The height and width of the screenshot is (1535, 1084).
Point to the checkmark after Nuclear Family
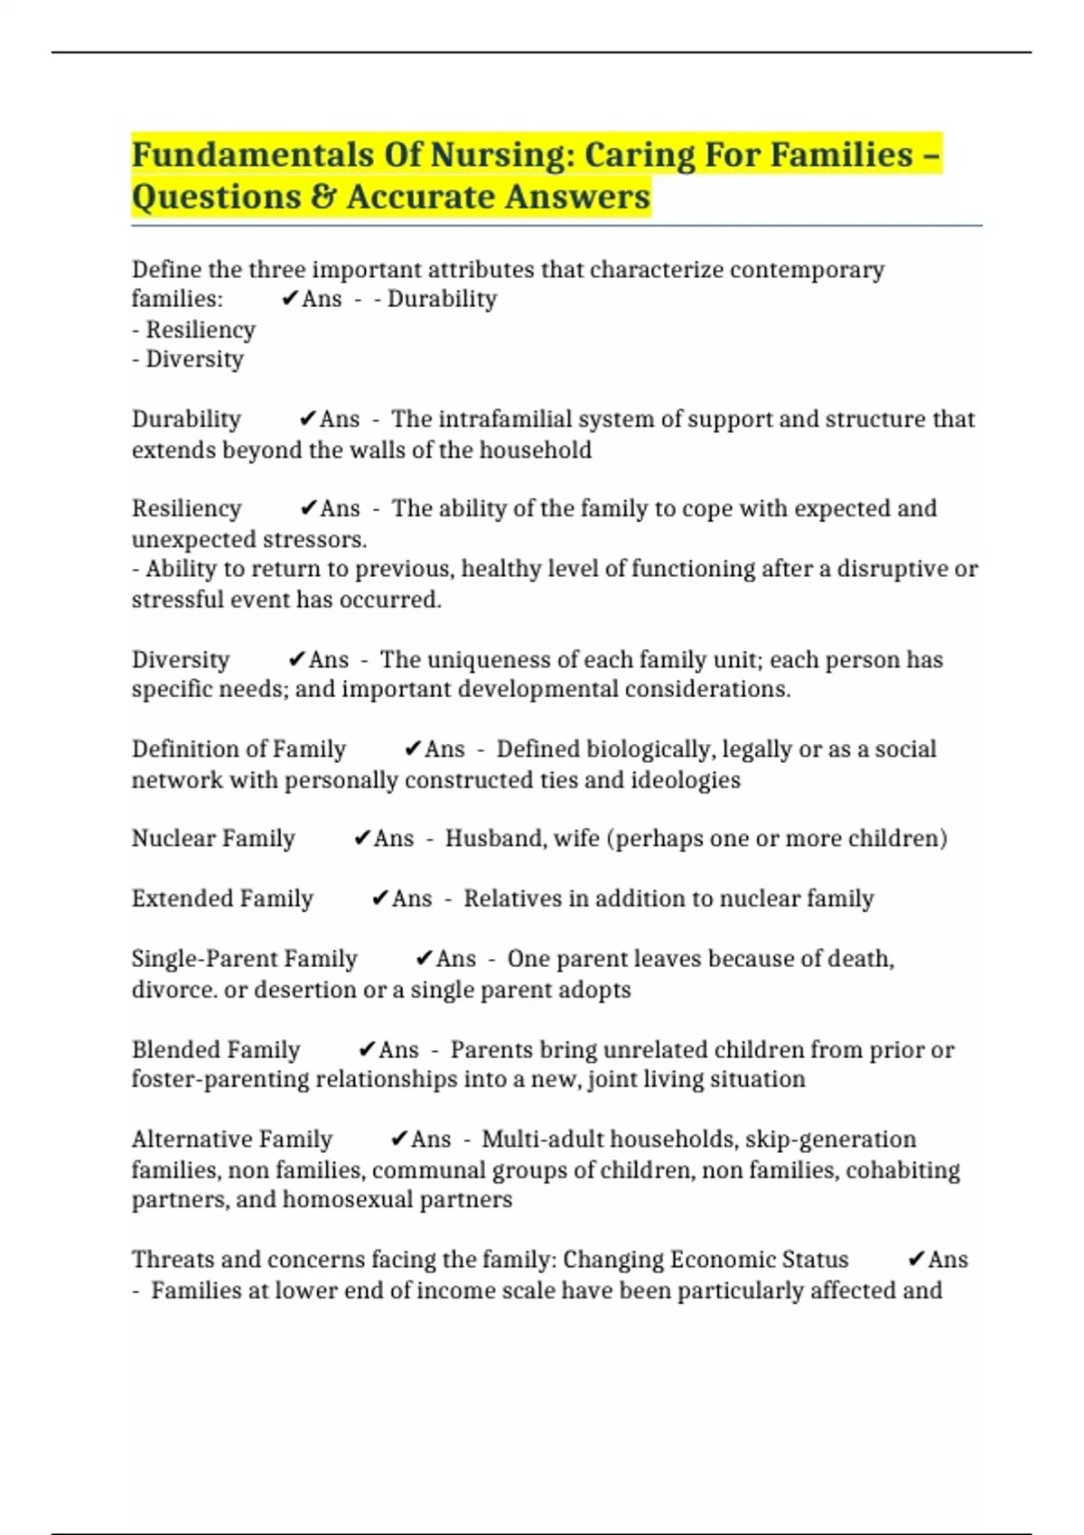tap(362, 839)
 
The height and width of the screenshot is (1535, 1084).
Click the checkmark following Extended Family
tap(380, 898)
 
